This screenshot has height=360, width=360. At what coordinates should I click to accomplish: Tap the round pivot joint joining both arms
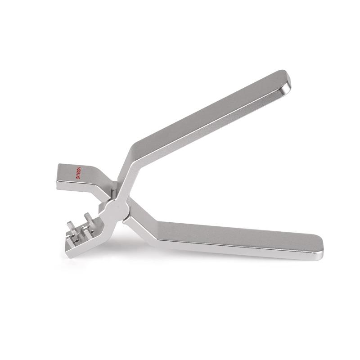click(x=118, y=209)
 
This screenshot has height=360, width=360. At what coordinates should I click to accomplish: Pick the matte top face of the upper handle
click(x=202, y=112)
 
